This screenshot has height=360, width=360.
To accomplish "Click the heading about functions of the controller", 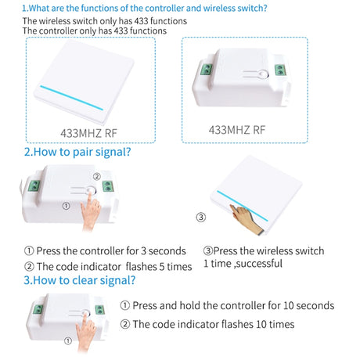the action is (145, 8).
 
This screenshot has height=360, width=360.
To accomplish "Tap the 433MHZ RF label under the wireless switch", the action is (88, 133).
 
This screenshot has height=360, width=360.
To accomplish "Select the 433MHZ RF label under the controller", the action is (237, 130).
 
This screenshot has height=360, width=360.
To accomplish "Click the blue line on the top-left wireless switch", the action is (72, 98).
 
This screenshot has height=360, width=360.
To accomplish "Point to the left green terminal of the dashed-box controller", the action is (206, 69).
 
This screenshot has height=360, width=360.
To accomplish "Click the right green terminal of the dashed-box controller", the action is (280, 70).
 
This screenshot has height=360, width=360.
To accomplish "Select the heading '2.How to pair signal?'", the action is (77, 152).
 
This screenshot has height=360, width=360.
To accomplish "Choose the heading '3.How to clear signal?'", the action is (80, 280).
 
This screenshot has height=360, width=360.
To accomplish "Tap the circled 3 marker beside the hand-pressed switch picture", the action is (201, 217).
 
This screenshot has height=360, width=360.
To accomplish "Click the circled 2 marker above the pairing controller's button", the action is (97, 177).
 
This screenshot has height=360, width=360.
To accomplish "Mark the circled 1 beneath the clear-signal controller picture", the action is (68, 341).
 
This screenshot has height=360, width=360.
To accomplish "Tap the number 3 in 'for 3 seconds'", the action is (143, 251).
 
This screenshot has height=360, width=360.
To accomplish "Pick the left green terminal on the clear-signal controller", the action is (38, 309).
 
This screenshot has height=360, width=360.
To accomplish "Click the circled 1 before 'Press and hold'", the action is (125, 305).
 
